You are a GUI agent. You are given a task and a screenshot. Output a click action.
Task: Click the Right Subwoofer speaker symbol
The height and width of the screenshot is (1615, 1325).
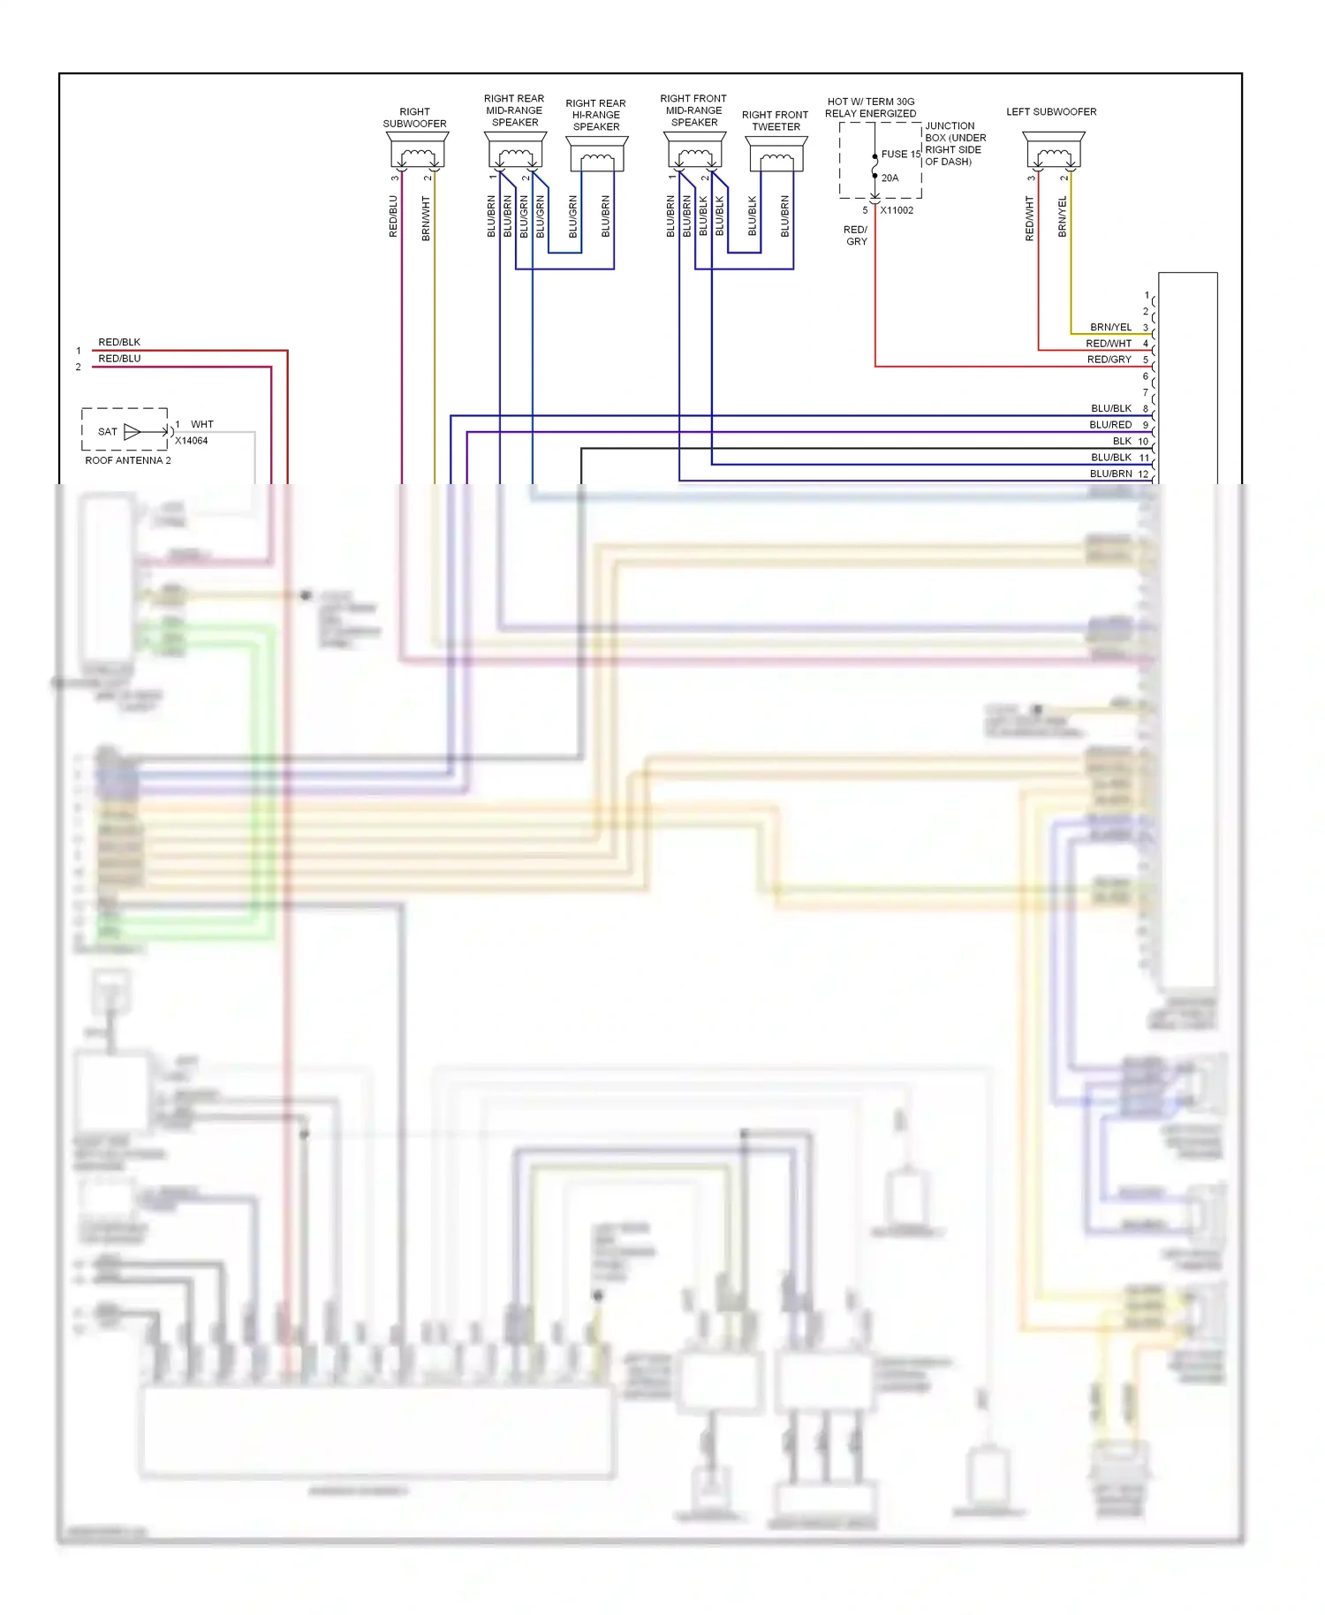[416, 151]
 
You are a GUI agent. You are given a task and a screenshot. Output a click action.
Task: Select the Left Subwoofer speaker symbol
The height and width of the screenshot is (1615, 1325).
[1053, 151]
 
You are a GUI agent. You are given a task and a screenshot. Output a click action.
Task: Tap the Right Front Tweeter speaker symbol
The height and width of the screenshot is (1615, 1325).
[776, 155]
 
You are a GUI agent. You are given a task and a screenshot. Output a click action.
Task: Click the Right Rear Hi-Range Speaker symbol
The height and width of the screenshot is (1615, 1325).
[597, 155]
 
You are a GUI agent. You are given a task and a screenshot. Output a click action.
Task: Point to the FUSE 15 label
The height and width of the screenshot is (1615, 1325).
[900, 154]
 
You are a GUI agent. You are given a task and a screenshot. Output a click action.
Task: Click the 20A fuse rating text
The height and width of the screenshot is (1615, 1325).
[890, 178]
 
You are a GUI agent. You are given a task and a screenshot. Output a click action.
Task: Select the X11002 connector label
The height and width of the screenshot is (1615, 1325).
[897, 210]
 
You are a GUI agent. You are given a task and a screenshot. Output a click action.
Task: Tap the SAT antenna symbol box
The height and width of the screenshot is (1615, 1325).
[125, 430]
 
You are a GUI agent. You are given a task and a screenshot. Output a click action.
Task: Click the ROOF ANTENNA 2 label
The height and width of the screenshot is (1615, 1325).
[128, 460]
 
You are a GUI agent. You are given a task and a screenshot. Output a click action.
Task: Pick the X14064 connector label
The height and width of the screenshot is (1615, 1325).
[192, 441]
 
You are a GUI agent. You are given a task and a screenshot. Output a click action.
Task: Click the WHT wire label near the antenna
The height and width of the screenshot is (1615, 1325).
[202, 424]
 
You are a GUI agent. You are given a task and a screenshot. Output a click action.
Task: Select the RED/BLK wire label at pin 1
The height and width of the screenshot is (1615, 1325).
[119, 342]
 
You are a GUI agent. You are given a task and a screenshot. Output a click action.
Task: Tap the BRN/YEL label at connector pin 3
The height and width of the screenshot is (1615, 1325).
[1110, 327]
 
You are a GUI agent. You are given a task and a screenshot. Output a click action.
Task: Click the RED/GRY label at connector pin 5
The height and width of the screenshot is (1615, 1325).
[1109, 360]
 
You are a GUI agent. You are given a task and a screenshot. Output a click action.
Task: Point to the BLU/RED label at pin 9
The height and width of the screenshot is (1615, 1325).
[1110, 425]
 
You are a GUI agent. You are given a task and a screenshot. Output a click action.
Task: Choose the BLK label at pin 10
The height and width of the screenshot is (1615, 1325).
[1122, 441]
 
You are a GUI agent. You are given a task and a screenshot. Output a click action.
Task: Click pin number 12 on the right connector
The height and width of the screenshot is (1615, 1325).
[1143, 474]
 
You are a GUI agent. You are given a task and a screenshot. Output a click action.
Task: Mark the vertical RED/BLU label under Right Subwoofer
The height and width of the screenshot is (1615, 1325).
[393, 216]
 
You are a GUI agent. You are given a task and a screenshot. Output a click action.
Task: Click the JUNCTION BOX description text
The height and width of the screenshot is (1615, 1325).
[955, 143]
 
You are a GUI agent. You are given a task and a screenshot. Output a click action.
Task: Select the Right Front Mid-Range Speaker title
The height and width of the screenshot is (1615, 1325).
[693, 110]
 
